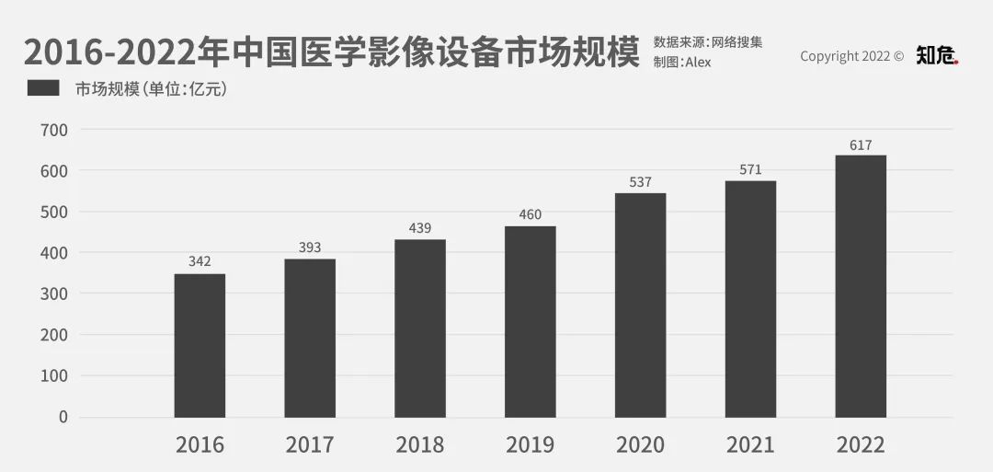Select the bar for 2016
pyautogui.click(x=200, y=345)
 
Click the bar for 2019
pyautogui.click(x=531, y=321)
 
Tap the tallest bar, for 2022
pyautogui.click(x=861, y=286)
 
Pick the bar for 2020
pyautogui.click(x=641, y=305)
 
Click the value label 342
pyautogui.click(x=200, y=261)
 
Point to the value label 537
pyautogui.click(x=641, y=181)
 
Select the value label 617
pyautogui.click(x=861, y=144)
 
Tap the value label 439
pyautogui.click(x=420, y=227)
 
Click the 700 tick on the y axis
pyautogui.click(x=54, y=130)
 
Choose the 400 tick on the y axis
pyautogui.click(x=54, y=252)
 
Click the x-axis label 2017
pyautogui.click(x=310, y=445)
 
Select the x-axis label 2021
pyautogui.click(x=750, y=445)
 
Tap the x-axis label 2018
pyautogui.click(x=420, y=445)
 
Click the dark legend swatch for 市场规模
pyautogui.click(x=43, y=88)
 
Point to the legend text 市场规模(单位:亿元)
pyautogui.click(x=151, y=89)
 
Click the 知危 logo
pyautogui.click(x=937, y=56)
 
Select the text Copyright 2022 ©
pyautogui.click(x=851, y=56)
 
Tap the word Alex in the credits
pyautogui.click(x=698, y=63)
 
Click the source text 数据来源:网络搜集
pyautogui.click(x=708, y=42)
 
